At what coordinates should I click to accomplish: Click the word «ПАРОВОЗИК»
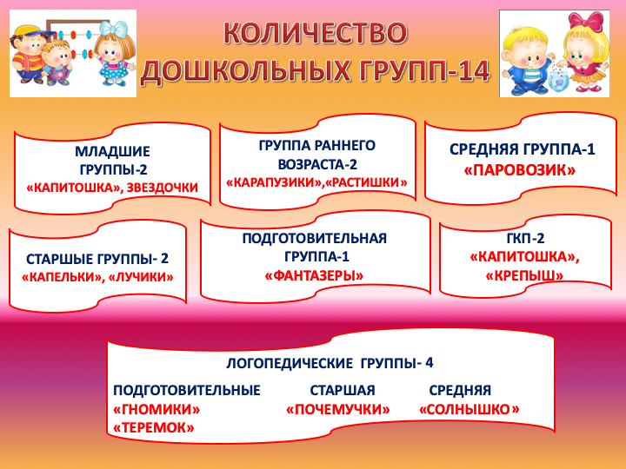(x=519, y=170)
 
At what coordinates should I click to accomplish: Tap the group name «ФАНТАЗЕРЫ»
(x=314, y=275)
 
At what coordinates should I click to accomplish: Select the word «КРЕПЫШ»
(x=524, y=275)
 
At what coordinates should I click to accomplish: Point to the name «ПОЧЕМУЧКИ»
(x=338, y=409)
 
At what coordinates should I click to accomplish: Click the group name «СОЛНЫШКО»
(x=469, y=409)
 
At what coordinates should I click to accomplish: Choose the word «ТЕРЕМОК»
(x=154, y=427)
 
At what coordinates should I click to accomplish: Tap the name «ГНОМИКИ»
(x=156, y=409)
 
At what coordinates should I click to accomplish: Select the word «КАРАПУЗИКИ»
(x=274, y=182)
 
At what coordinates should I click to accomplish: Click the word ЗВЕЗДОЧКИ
(x=162, y=188)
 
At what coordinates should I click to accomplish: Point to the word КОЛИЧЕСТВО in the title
(x=316, y=33)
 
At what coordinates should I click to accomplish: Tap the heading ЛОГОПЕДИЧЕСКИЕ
(x=290, y=363)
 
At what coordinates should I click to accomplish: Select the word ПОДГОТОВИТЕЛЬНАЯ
(x=314, y=239)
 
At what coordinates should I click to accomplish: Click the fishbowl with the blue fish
(x=558, y=80)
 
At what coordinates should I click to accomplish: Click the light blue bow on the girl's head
(x=114, y=28)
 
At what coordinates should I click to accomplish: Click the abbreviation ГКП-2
(x=525, y=239)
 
